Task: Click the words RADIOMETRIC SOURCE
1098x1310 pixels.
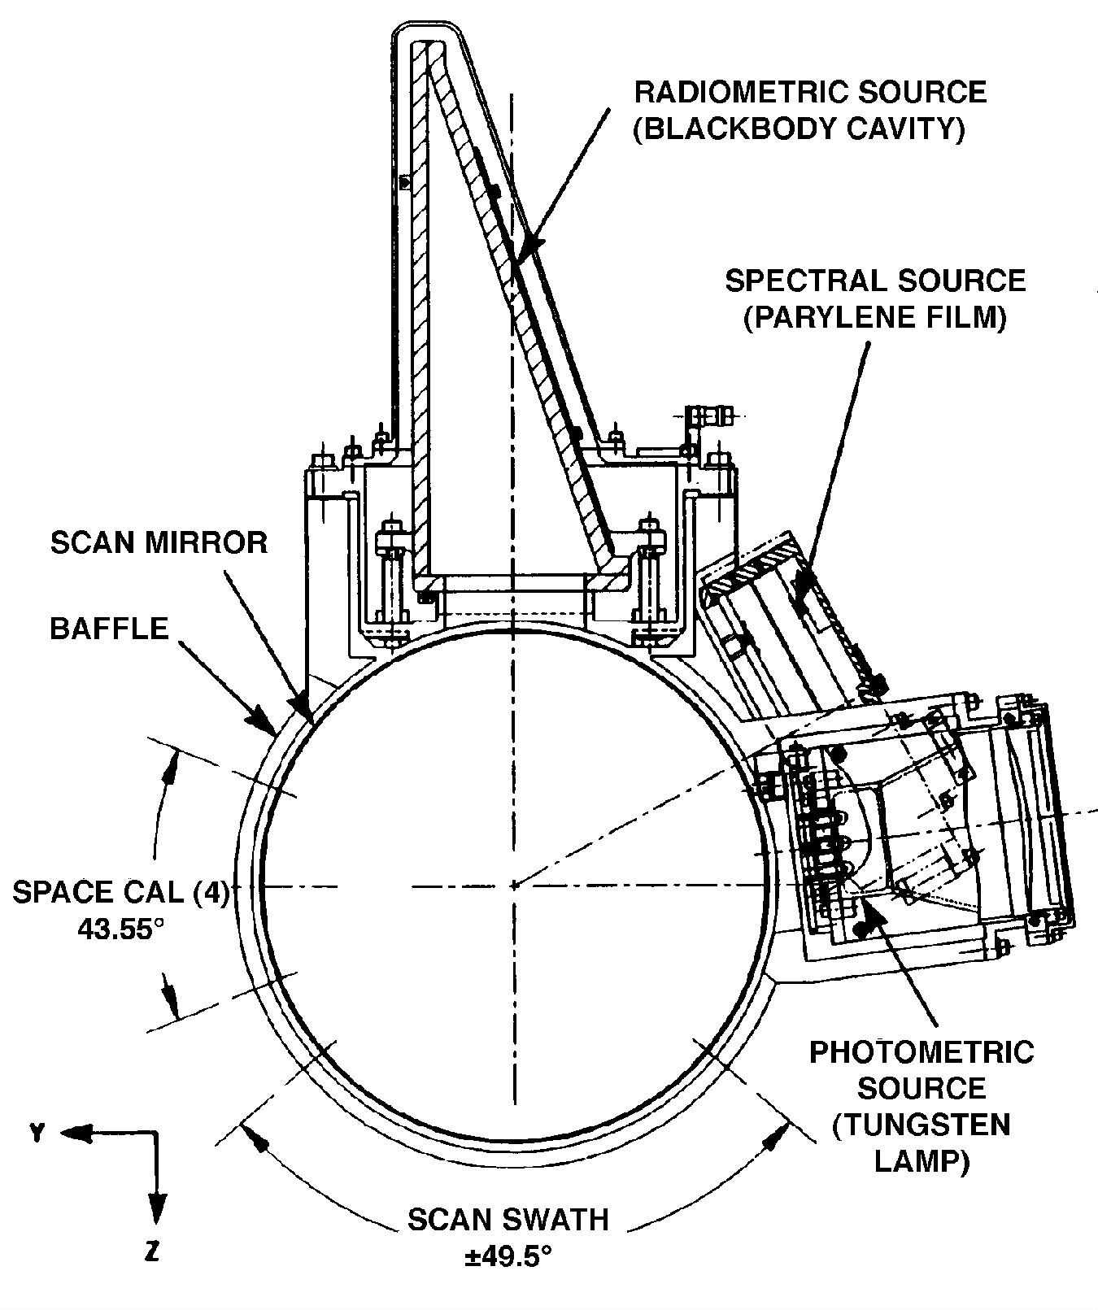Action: [810, 91]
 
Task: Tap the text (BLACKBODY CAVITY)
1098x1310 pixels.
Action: [800, 128]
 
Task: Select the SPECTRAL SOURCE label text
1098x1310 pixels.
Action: [875, 281]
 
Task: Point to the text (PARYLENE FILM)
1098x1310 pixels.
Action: [875, 318]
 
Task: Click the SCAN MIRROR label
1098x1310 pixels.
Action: [159, 542]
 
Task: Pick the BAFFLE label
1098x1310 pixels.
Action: [109, 628]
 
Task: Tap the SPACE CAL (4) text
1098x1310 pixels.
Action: [121, 891]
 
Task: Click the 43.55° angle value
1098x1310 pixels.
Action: [115, 928]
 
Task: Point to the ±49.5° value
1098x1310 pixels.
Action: [508, 1256]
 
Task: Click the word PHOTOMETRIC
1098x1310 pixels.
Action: [922, 1051]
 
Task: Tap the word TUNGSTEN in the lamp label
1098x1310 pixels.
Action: [922, 1125]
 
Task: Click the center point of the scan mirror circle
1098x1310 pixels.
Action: [514, 885]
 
